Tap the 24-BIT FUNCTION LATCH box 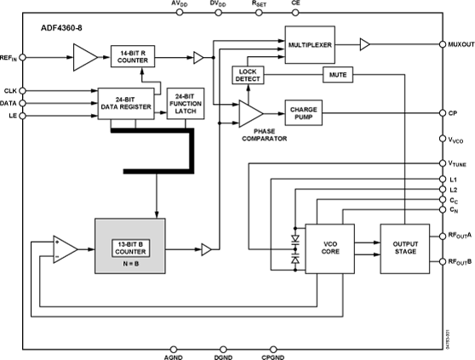(185, 102)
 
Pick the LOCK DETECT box (249, 76)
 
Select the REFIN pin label (10, 58)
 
